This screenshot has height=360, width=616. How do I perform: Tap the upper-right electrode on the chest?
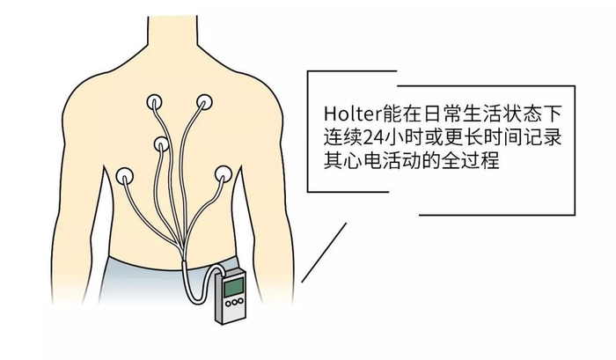click(x=204, y=103)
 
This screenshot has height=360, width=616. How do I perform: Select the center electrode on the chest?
click(x=162, y=144)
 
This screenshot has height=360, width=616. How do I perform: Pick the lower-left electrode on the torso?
click(x=128, y=176)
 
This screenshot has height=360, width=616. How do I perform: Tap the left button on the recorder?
click(x=226, y=307)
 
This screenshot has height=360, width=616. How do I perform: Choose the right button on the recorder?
click(x=238, y=308)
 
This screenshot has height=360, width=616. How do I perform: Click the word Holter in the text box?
click(x=347, y=114)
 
